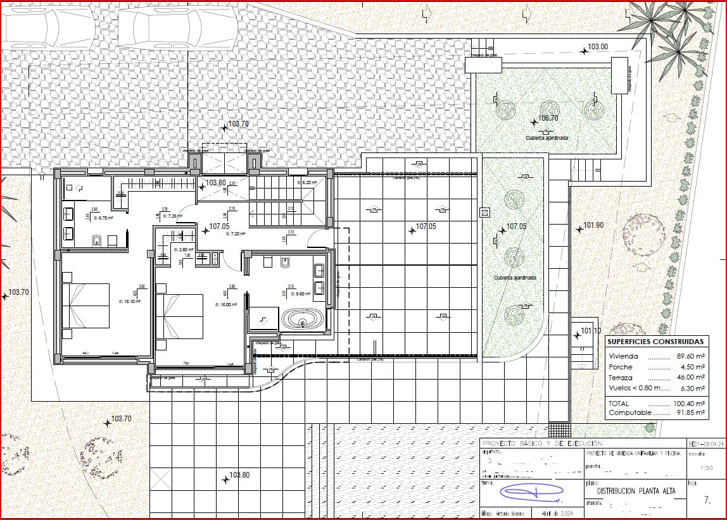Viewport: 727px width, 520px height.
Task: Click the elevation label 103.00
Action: pyautogui.click(x=597, y=47)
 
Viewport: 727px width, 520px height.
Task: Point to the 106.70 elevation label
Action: pyautogui.click(x=548, y=118)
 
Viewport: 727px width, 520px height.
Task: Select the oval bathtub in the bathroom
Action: pyautogui.click(x=302, y=318)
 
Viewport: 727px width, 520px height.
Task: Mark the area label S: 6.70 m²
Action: pyautogui.click(x=103, y=217)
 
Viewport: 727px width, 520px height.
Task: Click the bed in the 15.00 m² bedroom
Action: pyautogui.click(x=180, y=316)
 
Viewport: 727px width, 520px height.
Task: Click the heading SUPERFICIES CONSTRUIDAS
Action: pyautogui.click(x=655, y=342)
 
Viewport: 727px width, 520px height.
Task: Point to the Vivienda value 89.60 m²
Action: pyautogui.click(x=692, y=356)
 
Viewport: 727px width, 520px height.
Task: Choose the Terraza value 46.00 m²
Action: pyautogui.click(x=692, y=377)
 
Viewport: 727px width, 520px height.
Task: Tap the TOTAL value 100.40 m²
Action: pyautogui.click(x=690, y=403)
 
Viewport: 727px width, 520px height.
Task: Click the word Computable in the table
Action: pyautogui.click(x=629, y=412)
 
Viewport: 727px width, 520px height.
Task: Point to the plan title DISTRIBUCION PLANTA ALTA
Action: pyautogui.click(x=635, y=491)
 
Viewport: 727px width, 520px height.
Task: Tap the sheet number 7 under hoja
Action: pyautogui.click(x=707, y=500)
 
